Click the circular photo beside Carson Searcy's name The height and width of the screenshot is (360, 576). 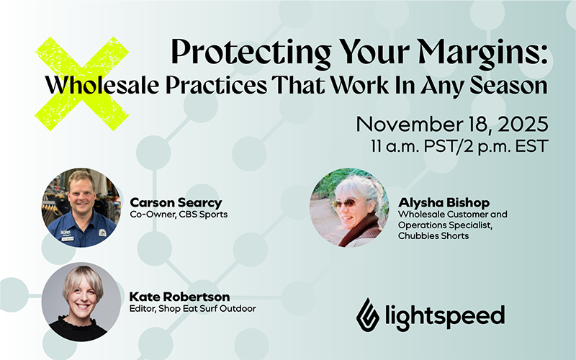click(x=80, y=208)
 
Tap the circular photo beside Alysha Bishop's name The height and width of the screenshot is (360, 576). click(x=349, y=207)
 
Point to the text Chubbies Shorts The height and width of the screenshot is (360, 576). click(x=433, y=236)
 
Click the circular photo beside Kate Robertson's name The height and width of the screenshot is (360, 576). click(x=80, y=301)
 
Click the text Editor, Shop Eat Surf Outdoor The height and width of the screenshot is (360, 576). click(x=192, y=309)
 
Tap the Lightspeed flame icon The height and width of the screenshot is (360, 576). click(x=368, y=312)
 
